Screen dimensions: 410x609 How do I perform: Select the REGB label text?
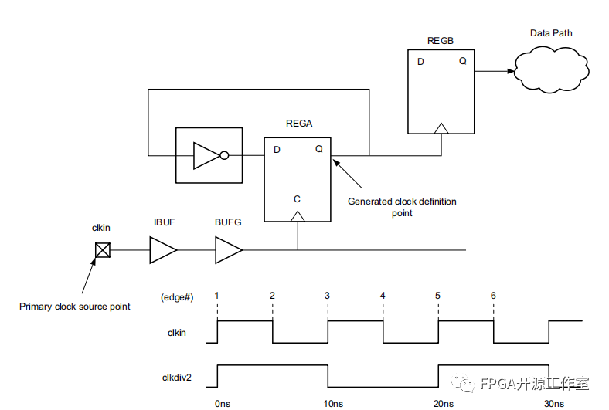click(441, 39)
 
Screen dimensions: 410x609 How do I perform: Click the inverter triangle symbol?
click(207, 155)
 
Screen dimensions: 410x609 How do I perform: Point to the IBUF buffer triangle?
click(162, 250)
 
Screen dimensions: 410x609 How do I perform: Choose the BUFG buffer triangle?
click(228, 250)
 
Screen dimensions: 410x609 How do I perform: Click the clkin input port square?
click(102, 250)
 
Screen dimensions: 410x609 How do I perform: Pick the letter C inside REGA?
click(297, 199)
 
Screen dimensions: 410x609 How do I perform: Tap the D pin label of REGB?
click(421, 62)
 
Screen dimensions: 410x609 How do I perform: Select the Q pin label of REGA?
click(318, 150)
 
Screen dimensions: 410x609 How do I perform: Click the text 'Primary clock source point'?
click(75, 307)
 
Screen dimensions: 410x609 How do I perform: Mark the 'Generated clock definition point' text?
click(402, 207)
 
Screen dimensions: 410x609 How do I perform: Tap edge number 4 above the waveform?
click(383, 296)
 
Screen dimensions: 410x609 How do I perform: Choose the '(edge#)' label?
click(178, 296)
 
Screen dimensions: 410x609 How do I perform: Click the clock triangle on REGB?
click(441, 127)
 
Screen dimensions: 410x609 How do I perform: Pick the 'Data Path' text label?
click(551, 33)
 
